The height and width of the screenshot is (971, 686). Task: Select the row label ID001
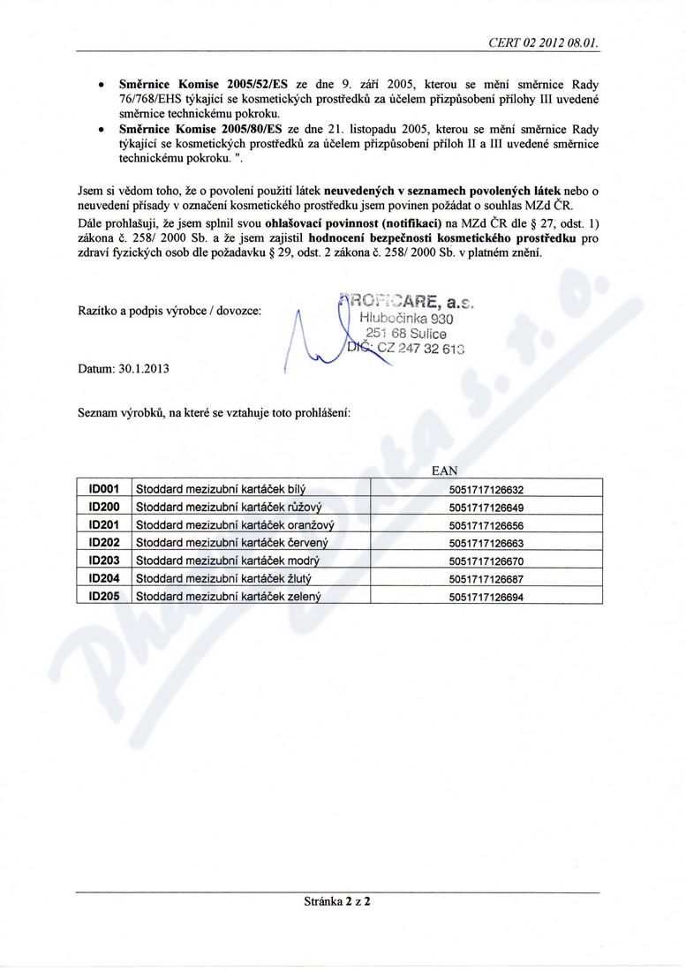pyautogui.click(x=104, y=488)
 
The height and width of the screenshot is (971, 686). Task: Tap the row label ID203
pyautogui.click(x=104, y=561)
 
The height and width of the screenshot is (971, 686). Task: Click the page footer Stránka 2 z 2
pyautogui.click(x=339, y=902)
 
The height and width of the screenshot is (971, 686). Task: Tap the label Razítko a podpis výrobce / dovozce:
pyautogui.click(x=169, y=311)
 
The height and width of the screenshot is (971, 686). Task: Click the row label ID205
pyautogui.click(x=104, y=597)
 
